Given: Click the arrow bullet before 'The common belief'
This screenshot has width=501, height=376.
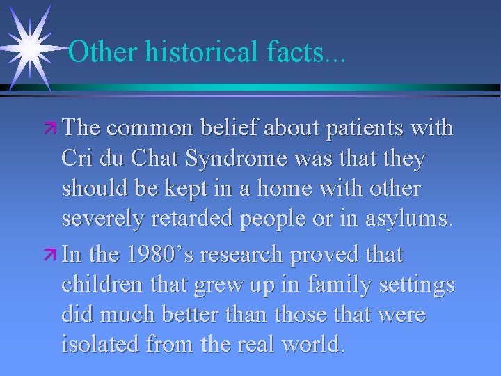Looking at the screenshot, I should click(x=52, y=129).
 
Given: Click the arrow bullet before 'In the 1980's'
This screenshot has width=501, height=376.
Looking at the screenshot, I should click(x=52, y=256).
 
